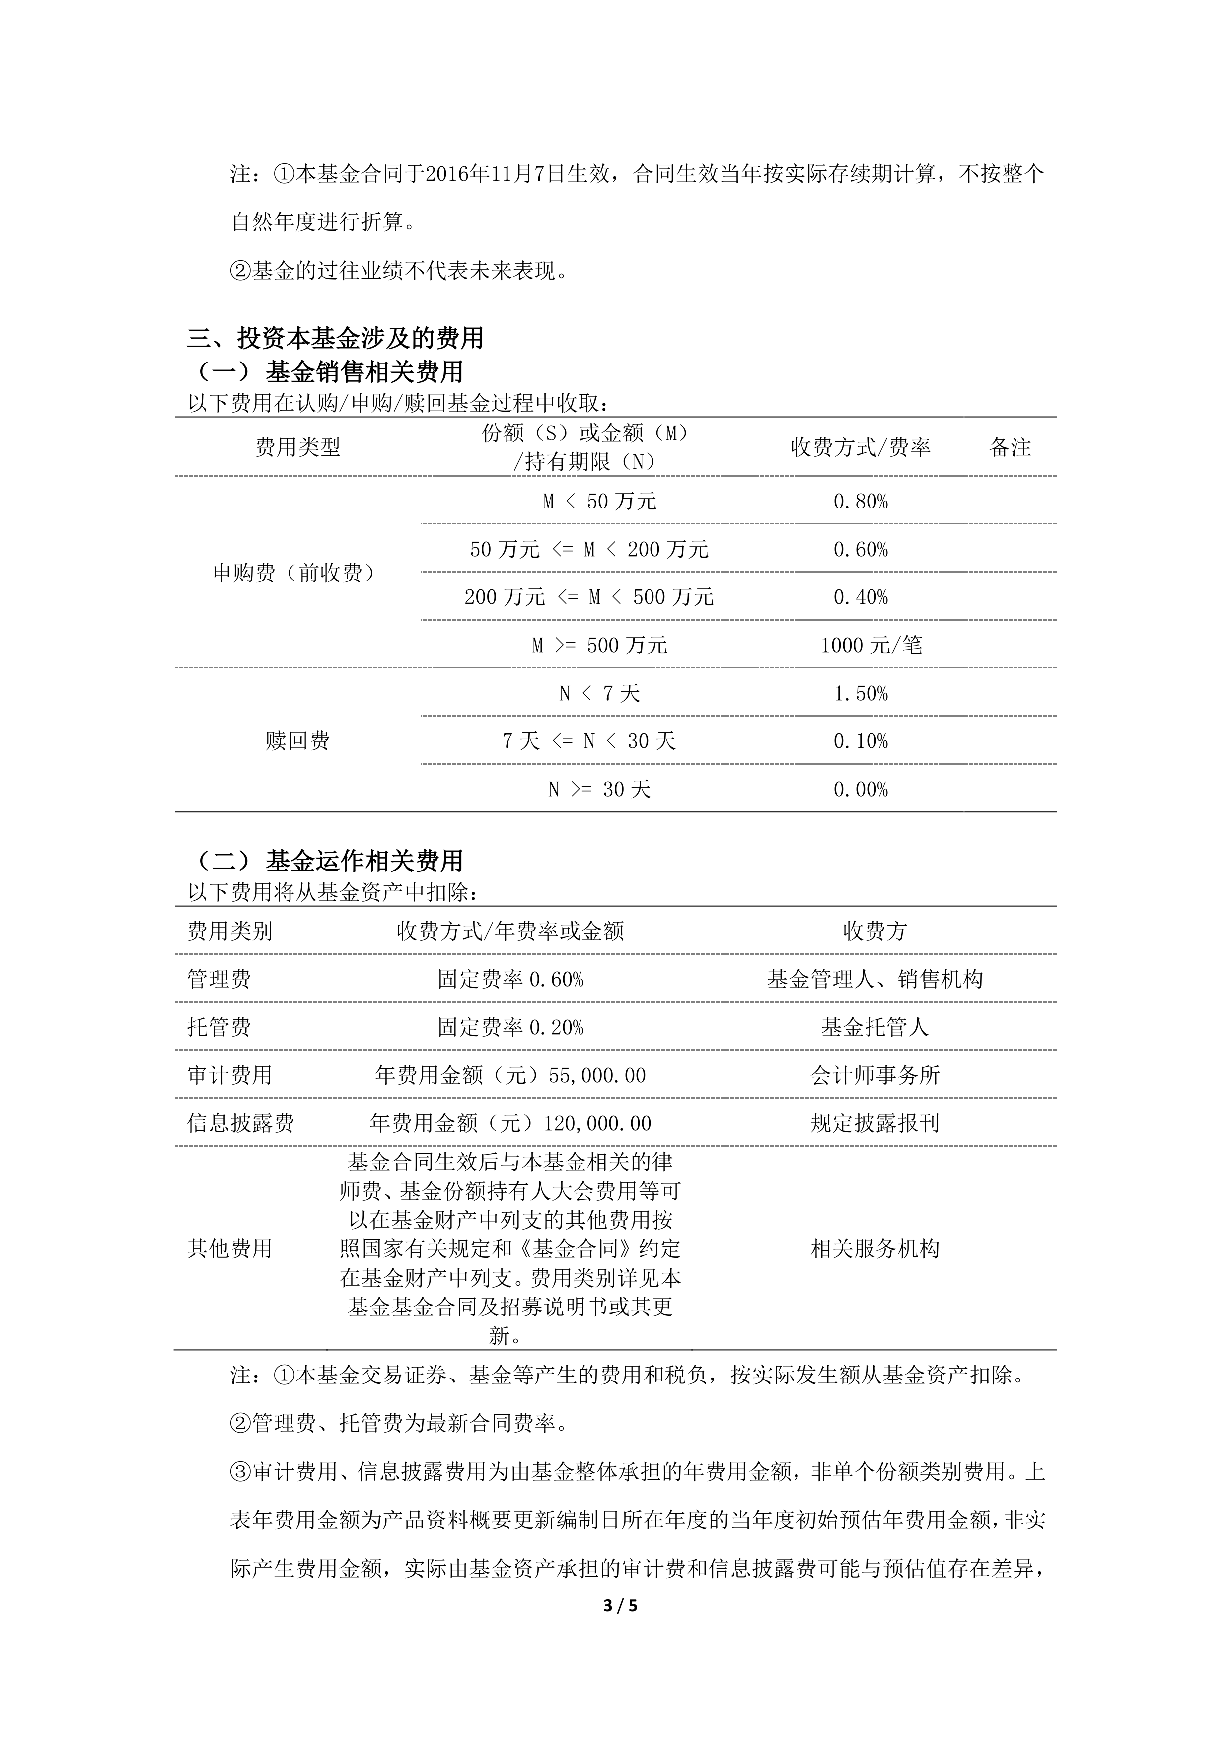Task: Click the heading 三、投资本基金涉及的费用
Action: (335, 338)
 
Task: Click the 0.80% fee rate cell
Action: (860, 502)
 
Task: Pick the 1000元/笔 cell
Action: (871, 646)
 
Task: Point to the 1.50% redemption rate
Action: (860, 693)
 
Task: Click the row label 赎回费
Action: (297, 741)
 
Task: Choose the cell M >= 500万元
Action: (599, 646)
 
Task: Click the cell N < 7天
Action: (599, 693)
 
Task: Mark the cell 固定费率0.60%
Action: (510, 979)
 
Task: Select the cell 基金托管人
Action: (874, 1027)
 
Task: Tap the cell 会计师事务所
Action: (874, 1075)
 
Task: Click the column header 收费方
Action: (874, 931)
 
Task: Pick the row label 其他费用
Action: (229, 1249)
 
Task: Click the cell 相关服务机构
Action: (874, 1249)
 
